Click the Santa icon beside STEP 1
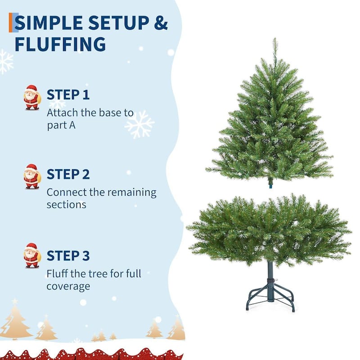(x=32, y=97)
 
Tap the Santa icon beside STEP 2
(x=32, y=176)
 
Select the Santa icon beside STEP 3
(x=32, y=256)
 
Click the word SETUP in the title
(x=119, y=22)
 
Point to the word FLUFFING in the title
(x=60, y=44)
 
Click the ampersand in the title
(x=161, y=22)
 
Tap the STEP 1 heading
(x=68, y=94)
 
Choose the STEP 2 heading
(x=68, y=174)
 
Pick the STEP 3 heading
(x=68, y=256)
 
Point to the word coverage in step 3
(x=68, y=287)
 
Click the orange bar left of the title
(x=10, y=22)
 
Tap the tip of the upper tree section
(x=274, y=38)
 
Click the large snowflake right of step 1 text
(x=139, y=125)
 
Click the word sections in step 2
(x=66, y=205)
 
